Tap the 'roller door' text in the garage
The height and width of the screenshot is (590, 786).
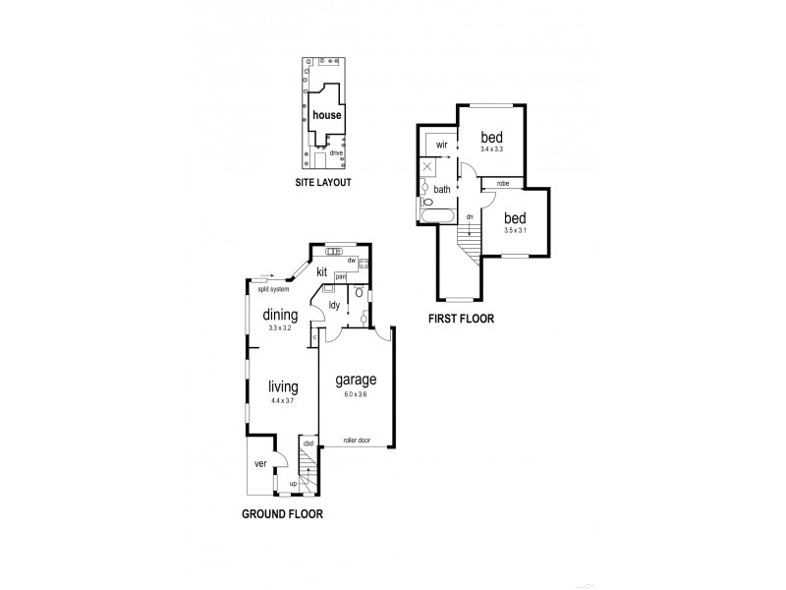point(355,441)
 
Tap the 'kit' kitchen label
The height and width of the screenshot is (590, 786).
point(321,271)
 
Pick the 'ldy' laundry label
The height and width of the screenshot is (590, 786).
point(334,305)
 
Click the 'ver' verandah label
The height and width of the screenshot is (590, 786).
point(261,463)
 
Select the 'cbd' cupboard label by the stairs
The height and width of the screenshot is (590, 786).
point(308,444)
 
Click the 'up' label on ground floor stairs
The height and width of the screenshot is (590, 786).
point(293,484)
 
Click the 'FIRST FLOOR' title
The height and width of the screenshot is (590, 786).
point(460,319)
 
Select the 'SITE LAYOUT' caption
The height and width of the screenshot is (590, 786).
point(323,183)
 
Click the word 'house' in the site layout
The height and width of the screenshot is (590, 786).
point(327,115)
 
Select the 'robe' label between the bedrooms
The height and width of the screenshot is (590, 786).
point(502,183)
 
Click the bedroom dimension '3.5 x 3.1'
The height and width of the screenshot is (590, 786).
point(515,230)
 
